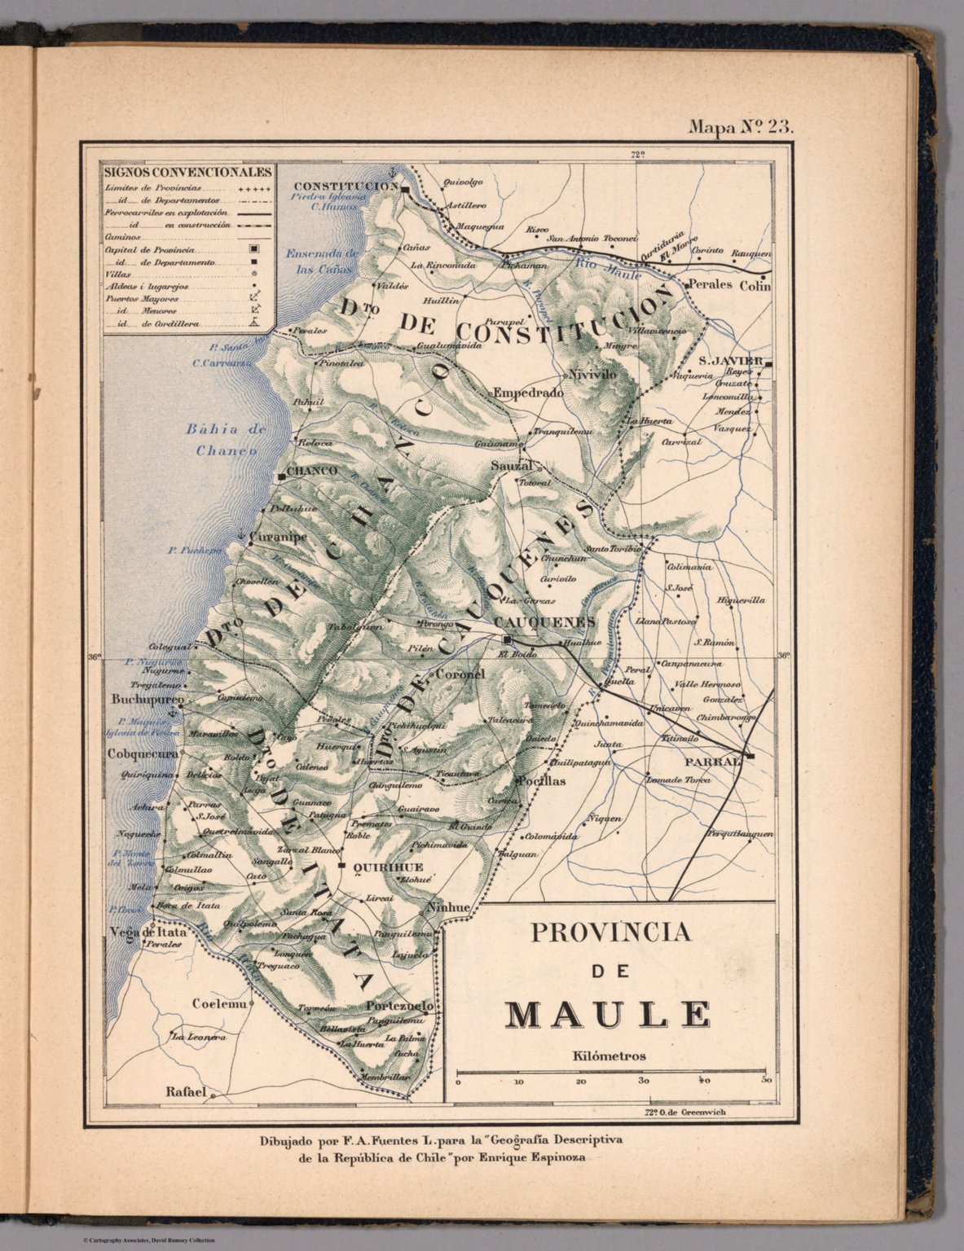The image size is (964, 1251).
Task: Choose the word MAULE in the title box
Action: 607,1015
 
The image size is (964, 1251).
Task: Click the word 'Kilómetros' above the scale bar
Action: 610,1056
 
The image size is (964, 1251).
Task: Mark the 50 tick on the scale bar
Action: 766,1081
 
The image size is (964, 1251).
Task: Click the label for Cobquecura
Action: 143,754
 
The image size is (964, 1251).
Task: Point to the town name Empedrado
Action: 529,392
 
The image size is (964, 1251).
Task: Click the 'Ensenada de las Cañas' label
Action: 320,261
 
